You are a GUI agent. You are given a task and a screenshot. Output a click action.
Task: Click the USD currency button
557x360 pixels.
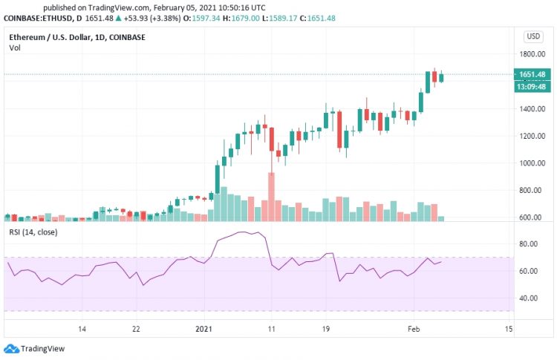point(533,36)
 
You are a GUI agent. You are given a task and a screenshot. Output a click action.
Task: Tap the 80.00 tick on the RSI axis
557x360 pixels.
point(528,244)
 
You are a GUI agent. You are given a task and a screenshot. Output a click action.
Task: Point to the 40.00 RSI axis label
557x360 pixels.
point(528,298)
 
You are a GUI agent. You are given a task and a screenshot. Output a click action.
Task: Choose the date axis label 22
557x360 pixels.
point(136,329)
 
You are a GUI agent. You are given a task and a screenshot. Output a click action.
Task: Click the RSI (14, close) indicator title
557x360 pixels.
point(34,233)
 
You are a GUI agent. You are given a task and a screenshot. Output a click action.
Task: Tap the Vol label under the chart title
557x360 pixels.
point(15,48)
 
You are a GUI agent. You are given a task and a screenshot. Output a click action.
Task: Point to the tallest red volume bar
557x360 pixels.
point(272,197)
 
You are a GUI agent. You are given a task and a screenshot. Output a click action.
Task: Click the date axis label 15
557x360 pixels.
point(509,329)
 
